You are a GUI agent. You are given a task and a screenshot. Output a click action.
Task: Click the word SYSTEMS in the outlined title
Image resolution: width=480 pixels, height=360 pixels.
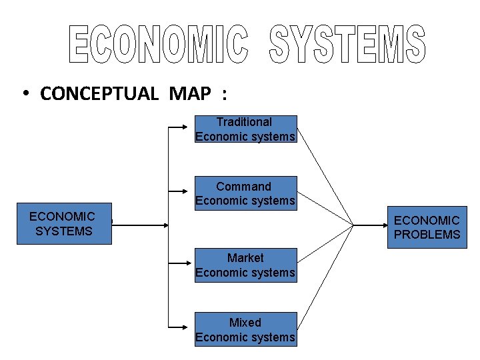(x=347, y=45)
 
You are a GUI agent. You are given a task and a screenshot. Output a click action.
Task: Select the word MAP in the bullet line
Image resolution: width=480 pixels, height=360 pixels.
(x=190, y=93)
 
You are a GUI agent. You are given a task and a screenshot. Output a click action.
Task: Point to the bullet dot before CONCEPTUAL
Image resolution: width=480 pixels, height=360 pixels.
(x=24, y=94)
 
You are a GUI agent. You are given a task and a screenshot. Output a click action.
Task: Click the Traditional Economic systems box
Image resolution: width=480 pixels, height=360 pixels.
(x=245, y=129)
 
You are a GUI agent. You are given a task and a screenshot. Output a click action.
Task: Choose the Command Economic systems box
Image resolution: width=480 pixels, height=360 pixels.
(x=245, y=194)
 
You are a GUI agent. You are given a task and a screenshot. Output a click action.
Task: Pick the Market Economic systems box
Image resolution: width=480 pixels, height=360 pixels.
(x=245, y=265)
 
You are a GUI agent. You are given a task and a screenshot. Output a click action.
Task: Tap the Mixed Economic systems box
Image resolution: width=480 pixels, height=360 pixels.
(x=245, y=330)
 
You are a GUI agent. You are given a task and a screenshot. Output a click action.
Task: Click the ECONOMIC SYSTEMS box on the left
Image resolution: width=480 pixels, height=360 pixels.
(x=64, y=225)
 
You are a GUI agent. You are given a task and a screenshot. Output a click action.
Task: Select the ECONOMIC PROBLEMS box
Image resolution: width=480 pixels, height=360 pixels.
(x=427, y=227)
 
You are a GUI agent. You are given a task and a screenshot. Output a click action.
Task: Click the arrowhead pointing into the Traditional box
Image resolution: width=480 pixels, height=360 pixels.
(x=191, y=125)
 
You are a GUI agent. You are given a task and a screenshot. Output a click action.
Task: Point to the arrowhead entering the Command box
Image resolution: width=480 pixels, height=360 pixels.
(x=191, y=190)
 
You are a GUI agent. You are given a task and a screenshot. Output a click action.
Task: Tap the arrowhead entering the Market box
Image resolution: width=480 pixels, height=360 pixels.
(x=191, y=262)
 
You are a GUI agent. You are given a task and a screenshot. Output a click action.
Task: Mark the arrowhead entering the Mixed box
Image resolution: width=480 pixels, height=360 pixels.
(x=191, y=327)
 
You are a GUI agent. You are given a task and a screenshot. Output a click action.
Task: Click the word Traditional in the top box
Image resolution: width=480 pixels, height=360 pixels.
(x=244, y=122)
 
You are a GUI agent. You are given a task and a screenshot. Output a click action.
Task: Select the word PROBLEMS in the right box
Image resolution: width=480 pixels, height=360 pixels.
(x=427, y=235)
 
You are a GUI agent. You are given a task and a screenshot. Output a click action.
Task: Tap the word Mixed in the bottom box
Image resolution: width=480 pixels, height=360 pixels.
(x=245, y=323)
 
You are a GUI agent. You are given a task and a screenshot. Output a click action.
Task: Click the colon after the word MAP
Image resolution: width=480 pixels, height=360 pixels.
(x=225, y=94)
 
